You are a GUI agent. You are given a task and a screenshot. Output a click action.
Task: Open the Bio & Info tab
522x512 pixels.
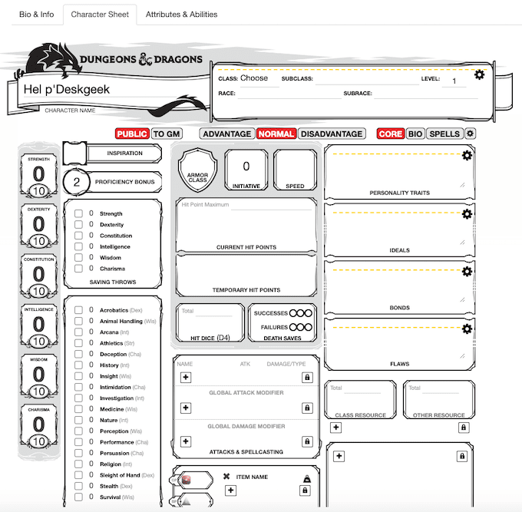pyautogui.click(x=36, y=14)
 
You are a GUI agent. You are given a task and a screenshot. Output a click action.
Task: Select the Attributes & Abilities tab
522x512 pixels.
pyautogui.click(x=181, y=14)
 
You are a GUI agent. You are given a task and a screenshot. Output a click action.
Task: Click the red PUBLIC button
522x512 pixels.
pyautogui.click(x=132, y=134)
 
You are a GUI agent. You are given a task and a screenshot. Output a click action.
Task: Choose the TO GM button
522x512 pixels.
pyautogui.click(x=167, y=134)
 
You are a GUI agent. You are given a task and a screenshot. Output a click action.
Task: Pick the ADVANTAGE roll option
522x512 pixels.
pyautogui.click(x=226, y=134)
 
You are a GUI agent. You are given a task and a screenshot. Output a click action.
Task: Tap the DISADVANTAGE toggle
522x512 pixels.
pyautogui.click(x=331, y=134)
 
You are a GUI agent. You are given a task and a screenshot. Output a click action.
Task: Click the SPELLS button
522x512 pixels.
pyautogui.click(x=444, y=134)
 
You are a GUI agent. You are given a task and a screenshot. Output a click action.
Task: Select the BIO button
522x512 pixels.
pyautogui.click(x=415, y=134)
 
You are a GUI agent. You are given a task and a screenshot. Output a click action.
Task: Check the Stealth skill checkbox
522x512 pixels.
pyautogui.click(x=78, y=486)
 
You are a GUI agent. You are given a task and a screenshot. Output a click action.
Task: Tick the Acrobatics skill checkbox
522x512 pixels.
pyautogui.click(x=78, y=310)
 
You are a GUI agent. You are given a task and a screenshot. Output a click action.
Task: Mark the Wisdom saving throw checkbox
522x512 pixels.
pyautogui.click(x=78, y=258)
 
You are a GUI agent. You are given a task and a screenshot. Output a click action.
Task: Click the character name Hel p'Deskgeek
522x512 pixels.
pyautogui.click(x=67, y=89)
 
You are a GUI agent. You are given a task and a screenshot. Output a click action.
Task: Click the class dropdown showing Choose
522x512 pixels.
pyautogui.click(x=255, y=78)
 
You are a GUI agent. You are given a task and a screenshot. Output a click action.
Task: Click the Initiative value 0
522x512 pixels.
pyautogui.click(x=246, y=166)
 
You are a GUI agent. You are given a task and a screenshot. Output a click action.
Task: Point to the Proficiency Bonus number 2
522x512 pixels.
pyautogui.click(x=77, y=182)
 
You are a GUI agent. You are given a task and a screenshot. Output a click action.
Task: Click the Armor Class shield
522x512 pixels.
pyautogui.click(x=198, y=170)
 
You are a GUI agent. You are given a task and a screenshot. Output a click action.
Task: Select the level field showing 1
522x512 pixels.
pyautogui.click(x=454, y=81)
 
